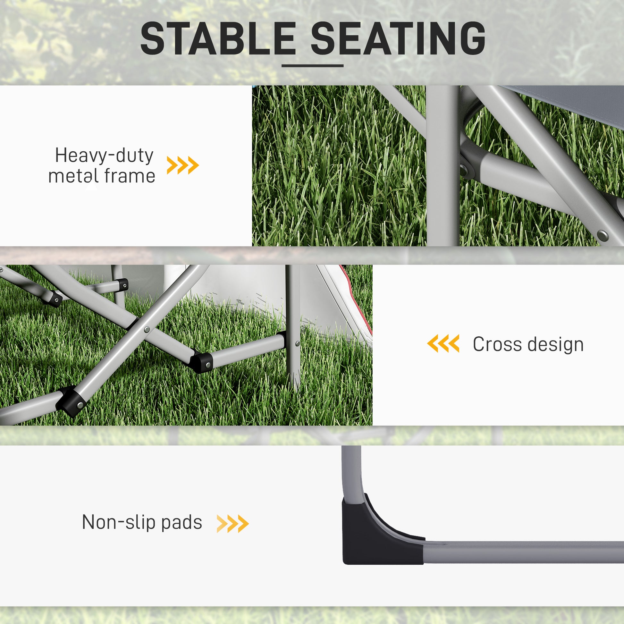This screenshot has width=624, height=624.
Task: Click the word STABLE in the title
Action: (x=218, y=39)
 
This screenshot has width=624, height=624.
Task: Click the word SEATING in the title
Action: (x=398, y=39)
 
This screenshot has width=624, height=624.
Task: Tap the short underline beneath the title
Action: (x=312, y=65)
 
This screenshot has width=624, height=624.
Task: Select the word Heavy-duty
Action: (x=104, y=156)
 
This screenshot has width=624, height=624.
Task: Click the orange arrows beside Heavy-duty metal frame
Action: (x=183, y=165)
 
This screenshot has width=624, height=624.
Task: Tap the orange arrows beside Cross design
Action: (x=443, y=343)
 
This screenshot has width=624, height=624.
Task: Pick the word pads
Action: (x=181, y=523)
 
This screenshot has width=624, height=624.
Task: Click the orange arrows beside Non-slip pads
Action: (x=232, y=524)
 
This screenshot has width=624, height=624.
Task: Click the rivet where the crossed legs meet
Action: (x=147, y=329)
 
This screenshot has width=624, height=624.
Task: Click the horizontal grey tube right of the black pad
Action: (x=523, y=552)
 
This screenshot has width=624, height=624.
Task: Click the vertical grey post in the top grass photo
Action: (x=443, y=165)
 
